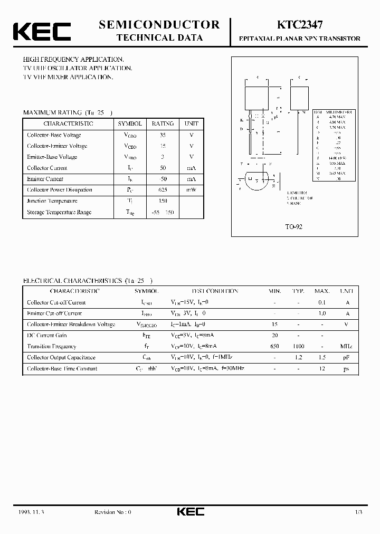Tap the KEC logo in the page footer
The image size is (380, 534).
190,511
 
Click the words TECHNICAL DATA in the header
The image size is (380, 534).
159,37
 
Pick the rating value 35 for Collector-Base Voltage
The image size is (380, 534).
163,135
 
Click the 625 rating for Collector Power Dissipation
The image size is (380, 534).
163,190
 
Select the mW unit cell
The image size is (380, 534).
191,190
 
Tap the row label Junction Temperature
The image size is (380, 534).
52,201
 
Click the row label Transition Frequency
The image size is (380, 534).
52,347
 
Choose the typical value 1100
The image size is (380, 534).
299,347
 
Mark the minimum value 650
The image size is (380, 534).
274,347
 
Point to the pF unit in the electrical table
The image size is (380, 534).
347,358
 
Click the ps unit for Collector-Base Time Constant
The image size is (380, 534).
347,369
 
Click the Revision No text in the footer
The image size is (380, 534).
112,512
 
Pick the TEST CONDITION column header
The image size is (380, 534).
214,291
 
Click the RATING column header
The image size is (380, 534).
163,123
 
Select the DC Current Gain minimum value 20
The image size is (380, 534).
274,336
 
